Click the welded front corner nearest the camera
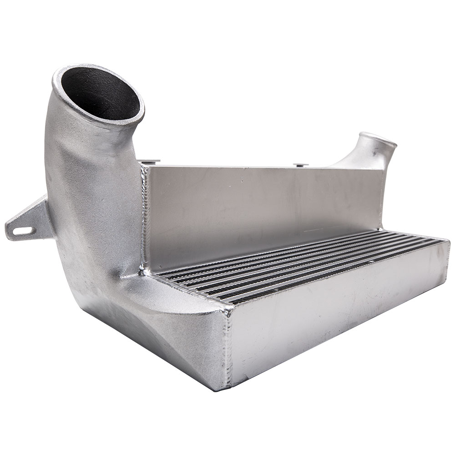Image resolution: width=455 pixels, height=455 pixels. pyautogui.click(x=227, y=309)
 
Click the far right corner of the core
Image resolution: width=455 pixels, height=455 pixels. pyautogui.click(x=448, y=243)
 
